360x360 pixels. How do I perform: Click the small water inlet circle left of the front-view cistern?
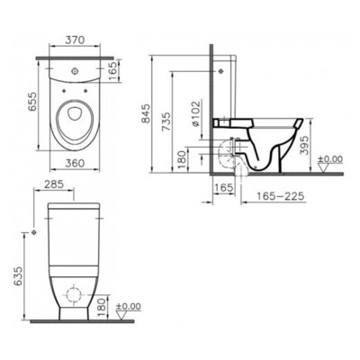tap(32, 231)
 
